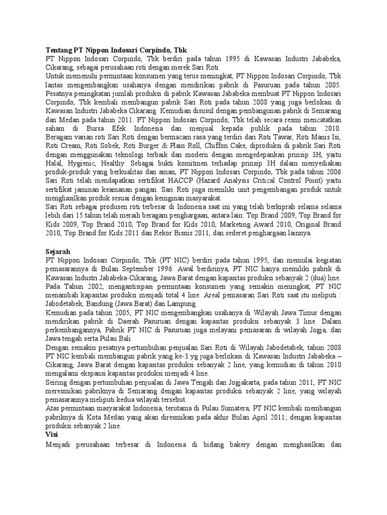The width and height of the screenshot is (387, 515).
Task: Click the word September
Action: pyautogui.click(x=132, y=269)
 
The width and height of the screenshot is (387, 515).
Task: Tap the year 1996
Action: pyautogui.click(x=160, y=269)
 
